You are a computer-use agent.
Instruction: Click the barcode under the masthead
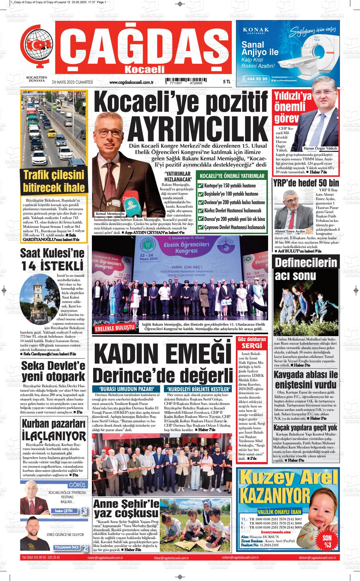tap(183, 81)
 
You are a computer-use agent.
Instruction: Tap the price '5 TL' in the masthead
tap(226, 82)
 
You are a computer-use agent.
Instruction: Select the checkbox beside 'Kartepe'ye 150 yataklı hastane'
tap(200, 186)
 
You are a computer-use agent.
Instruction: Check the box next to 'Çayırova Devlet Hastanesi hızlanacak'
tap(200, 227)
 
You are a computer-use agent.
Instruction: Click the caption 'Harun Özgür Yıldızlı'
tap(320, 148)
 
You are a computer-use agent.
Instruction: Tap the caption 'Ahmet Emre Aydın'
tap(290, 231)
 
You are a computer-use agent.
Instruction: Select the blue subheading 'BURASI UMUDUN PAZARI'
tap(127, 388)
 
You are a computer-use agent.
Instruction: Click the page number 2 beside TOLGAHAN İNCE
tap(85, 548)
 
